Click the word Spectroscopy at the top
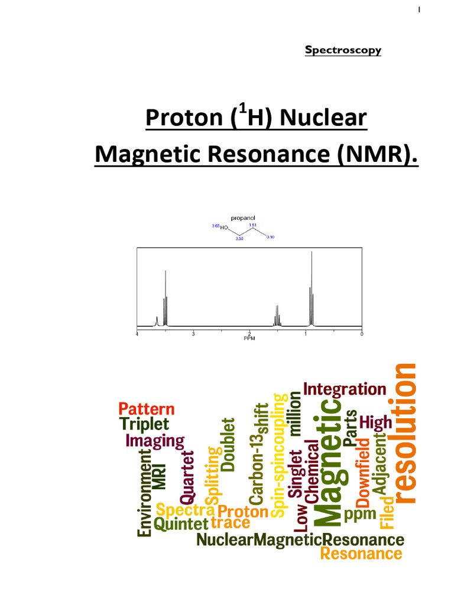[343, 50]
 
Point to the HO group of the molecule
[225, 227]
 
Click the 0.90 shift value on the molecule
[270, 237]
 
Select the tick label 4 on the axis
[137, 334]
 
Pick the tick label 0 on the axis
[361, 334]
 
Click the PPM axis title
[249, 339]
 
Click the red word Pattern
[147, 409]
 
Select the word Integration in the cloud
[345, 389]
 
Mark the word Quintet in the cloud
[181, 523]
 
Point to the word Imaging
[155, 441]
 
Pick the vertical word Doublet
[228, 444]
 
